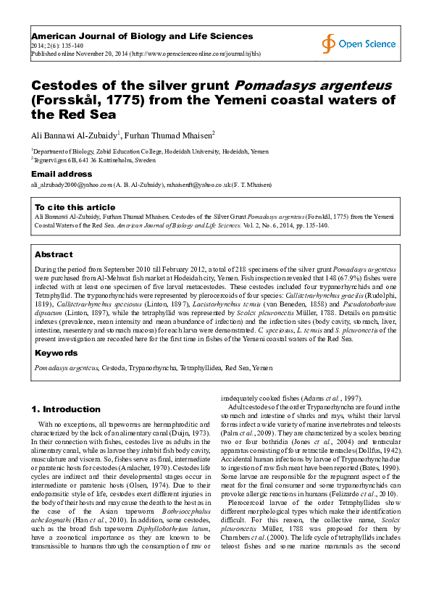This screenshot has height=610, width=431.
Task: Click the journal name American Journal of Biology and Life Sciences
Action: click(141, 35)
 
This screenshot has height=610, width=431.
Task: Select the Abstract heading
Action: click(54, 254)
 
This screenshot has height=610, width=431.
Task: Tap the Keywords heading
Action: click(57, 353)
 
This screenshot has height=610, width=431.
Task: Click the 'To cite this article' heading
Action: click(75, 206)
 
